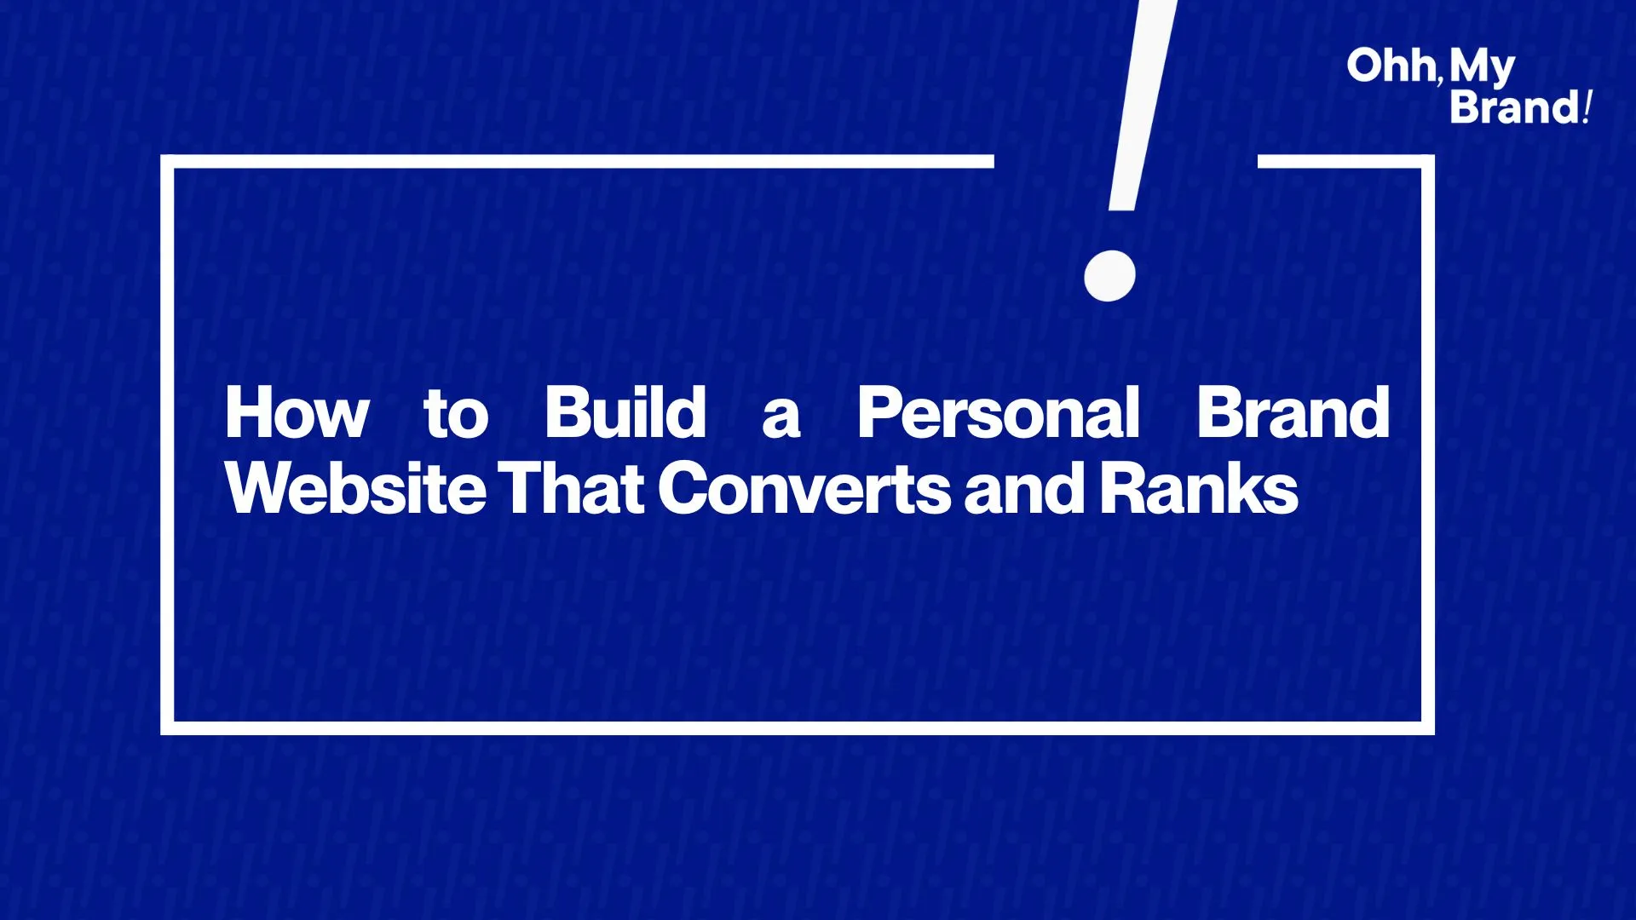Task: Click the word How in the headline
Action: (x=297, y=412)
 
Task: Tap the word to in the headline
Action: (x=456, y=413)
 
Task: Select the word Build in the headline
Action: (x=625, y=412)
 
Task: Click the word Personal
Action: (x=998, y=412)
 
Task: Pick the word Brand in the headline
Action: (x=1293, y=412)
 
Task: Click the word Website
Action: (x=355, y=488)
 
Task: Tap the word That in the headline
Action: (x=570, y=488)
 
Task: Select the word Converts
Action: (x=804, y=488)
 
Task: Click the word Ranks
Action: (x=1199, y=488)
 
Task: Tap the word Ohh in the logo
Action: (x=1391, y=66)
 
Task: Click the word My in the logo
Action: (x=1483, y=68)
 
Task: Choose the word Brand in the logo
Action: (x=1515, y=107)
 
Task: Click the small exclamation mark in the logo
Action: (x=1587, y=106)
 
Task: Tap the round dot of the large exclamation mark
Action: (x=1109, y=275)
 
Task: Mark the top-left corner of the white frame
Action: (x=162, y=156)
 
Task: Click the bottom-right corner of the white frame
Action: (x=1433, y=733)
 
